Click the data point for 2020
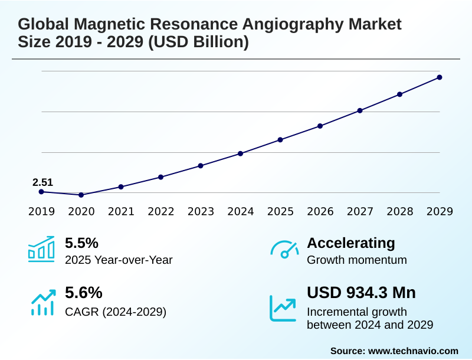point(81,195)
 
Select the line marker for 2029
point(440,77)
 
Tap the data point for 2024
point(241,153)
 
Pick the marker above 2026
point(320,126)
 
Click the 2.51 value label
point(42,182)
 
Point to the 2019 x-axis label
point(41,211)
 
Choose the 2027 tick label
point(360,211)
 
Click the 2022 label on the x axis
point(160,211)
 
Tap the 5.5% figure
point(81,243)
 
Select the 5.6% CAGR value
point(83,293)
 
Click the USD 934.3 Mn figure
point(361,293)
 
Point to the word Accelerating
point(351,243)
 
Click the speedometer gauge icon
point(284,249)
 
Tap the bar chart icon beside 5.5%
point(41,249)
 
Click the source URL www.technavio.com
point(413,351)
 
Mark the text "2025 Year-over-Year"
point(119,260)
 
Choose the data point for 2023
point(201,166)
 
